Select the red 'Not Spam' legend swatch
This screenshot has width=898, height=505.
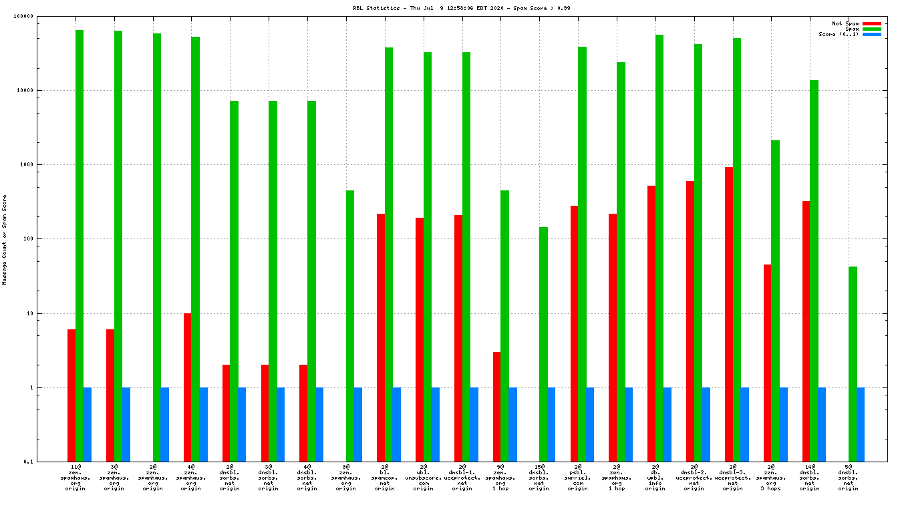[872, 23]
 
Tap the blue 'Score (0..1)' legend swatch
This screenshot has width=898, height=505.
[872, 34]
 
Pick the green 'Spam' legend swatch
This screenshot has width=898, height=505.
[872, 29]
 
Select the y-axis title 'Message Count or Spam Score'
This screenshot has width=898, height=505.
[5, 240]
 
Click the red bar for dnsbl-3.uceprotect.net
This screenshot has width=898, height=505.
[729, 314]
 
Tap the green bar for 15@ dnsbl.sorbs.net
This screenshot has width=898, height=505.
[543, 344]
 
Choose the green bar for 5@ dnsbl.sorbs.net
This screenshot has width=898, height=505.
[853, 364]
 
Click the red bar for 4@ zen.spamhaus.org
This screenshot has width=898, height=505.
[188, 387]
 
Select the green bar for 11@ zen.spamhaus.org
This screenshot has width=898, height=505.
[80, 246]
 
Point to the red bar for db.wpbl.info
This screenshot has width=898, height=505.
[651, 323]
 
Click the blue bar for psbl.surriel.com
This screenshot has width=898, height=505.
[590, 424]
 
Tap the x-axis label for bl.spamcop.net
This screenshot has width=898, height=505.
[385, 478]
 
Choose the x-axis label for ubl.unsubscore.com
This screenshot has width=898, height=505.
[424, 478]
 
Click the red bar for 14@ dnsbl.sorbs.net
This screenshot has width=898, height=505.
[806, 331]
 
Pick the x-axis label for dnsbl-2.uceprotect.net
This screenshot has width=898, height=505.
[694, 478]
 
